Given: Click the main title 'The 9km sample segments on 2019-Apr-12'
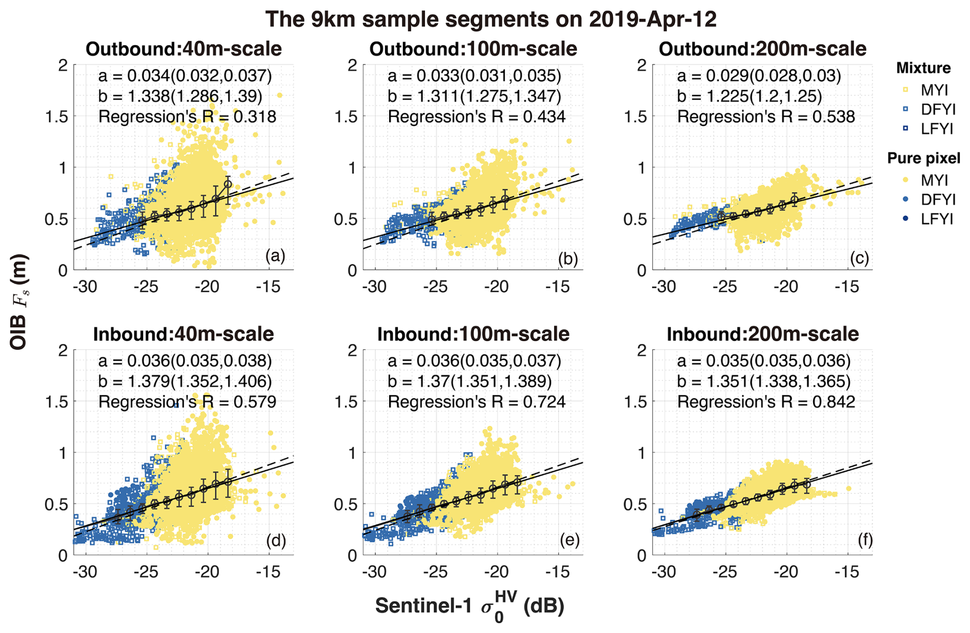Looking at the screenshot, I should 491,19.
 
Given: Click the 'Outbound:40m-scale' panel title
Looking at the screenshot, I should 184,49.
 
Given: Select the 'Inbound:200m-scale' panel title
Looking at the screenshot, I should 762,334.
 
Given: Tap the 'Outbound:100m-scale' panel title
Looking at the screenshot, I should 473,49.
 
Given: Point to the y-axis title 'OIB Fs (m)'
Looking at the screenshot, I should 18,303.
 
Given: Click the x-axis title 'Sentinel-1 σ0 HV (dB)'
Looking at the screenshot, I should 470,607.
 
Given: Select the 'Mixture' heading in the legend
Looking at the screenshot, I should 923,68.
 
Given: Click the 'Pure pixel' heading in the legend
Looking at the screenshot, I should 923,159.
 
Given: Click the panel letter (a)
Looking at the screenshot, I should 275,255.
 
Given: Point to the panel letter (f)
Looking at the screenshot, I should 865,540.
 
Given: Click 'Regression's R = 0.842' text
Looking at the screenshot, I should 766,402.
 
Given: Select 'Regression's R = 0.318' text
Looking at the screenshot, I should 187,117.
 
